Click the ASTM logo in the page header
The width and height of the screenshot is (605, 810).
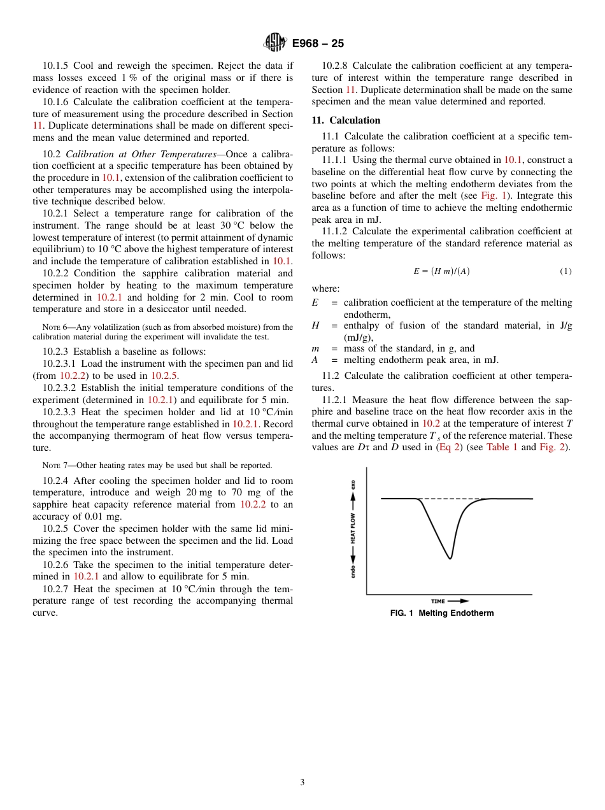275,43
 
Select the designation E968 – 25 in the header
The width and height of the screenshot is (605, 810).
318,43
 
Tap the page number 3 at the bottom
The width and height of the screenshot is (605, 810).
302,782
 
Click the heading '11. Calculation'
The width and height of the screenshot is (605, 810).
346,120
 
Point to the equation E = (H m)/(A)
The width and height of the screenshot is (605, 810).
441,271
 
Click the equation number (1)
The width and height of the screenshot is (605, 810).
566,271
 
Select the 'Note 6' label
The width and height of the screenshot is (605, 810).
55,327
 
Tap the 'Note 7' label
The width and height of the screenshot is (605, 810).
55,465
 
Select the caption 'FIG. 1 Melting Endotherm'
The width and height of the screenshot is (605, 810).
442,613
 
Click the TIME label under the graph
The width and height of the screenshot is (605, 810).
438,600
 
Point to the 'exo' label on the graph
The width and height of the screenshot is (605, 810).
353,485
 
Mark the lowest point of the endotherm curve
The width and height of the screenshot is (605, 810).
450,558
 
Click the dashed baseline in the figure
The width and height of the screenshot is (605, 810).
452,499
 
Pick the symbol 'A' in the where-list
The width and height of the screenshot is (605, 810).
315,360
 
